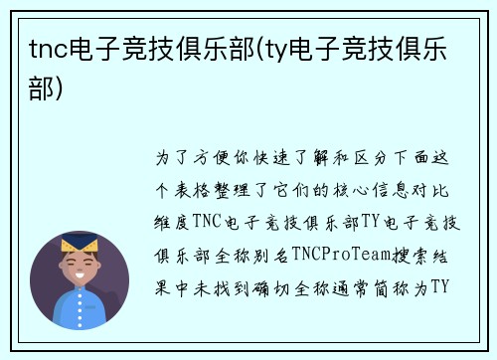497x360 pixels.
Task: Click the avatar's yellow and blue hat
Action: [x=80, y=243]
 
